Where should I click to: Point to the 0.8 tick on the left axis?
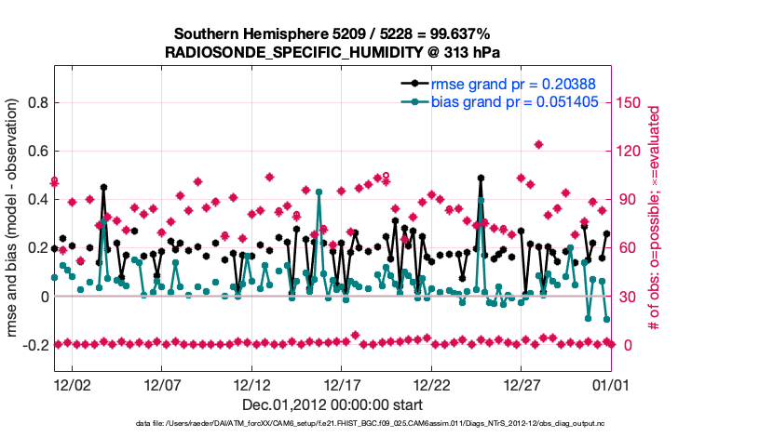coord(37,102)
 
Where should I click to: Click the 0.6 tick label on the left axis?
coord(37,151)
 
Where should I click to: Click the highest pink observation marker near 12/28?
coord(539,144)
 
